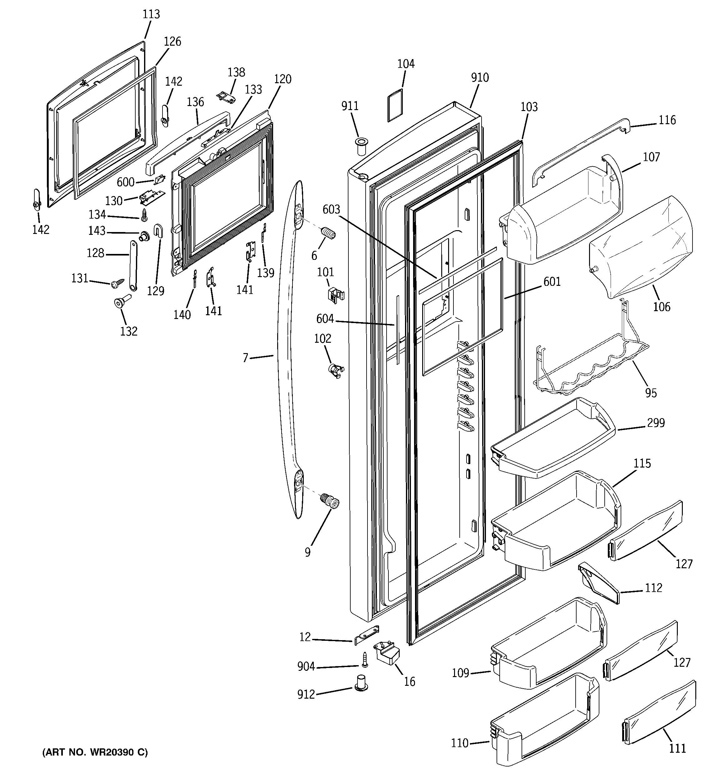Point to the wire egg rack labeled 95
click(x=592, y=362)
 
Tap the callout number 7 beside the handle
click(x=245, y=358)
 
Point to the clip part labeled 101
click(x=335, y=295)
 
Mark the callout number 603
click(x=331, y=210)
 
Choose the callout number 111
click(x=677, y=748)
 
